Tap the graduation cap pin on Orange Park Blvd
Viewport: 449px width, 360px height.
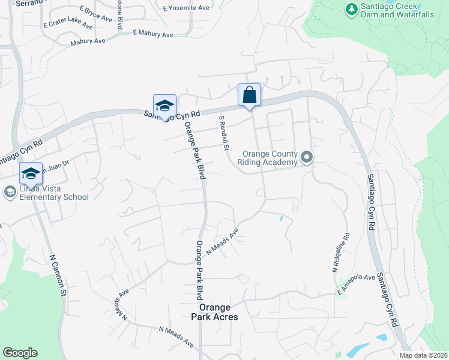(164, 106)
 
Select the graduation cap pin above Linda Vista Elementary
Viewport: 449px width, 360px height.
(31, 174)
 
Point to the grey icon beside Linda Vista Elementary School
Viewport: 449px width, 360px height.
(9, 193)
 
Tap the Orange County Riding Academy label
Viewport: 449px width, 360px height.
(267, 158)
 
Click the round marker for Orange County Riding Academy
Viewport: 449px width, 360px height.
(307, 158)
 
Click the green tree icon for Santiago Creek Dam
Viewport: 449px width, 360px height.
(352, 9)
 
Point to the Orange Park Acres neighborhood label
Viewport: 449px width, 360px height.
(214, 312)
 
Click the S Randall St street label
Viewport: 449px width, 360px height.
(223, 133)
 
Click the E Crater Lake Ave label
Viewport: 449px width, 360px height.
(68, 25)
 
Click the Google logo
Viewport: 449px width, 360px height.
(20, 353)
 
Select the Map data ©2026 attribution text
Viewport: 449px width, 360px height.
(423, 355)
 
